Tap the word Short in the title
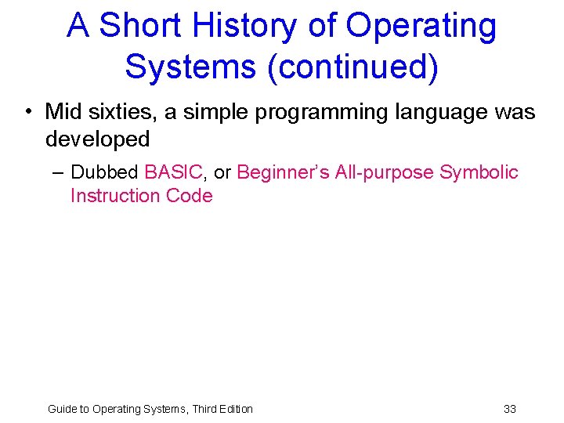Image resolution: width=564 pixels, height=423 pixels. tap(144, 26)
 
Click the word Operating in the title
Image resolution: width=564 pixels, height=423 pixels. tap(421, 26)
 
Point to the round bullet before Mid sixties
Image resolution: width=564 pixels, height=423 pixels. tap(27, 113)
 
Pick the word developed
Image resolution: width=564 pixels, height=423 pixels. tap(97, 139)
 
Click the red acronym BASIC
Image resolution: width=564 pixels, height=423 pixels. tap(174, 172)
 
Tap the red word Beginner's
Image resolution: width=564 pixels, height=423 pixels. tap(283, 172)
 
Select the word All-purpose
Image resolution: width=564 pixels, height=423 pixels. tap(384, 172)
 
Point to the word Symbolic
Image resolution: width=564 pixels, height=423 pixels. tap(479, 172)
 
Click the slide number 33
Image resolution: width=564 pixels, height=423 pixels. tap(510, 409)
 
